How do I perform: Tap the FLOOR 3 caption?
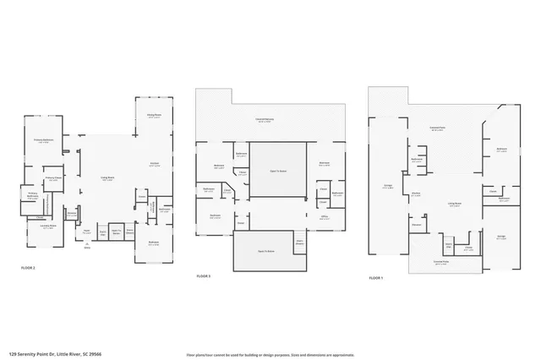pos(204,276)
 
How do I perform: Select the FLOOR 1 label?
pos(376,277)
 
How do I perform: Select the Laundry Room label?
pos(48,226)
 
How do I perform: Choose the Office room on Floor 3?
pos(324,216)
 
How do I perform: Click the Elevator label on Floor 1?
pos(417,225)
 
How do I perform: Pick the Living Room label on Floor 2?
pos(108,178)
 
